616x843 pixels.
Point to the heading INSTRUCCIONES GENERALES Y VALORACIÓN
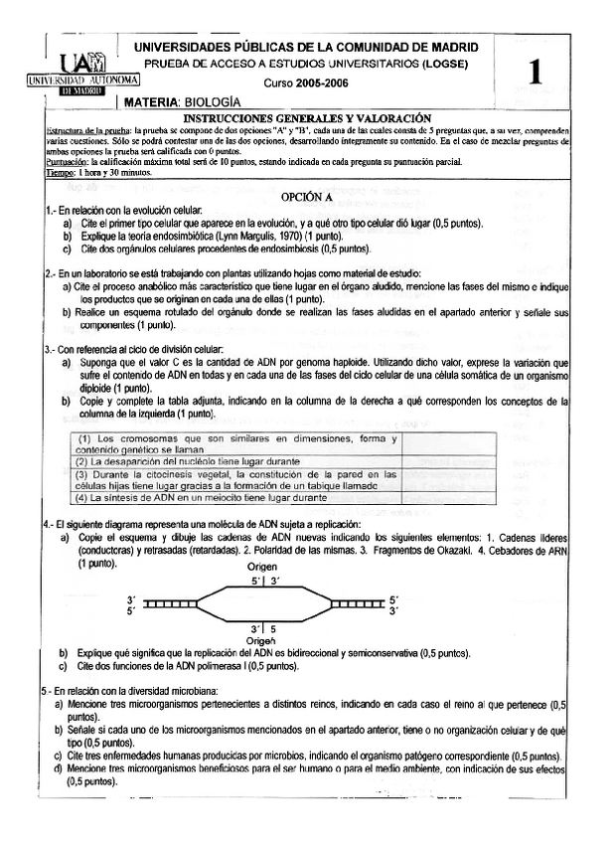[x=306, y=117]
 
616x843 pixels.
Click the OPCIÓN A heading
[x=306, y=197]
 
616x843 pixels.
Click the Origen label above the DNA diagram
[x=263, y=565]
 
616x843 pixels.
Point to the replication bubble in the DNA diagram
[x=263, y=603]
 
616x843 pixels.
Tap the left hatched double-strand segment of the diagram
[x=168, y=603]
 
